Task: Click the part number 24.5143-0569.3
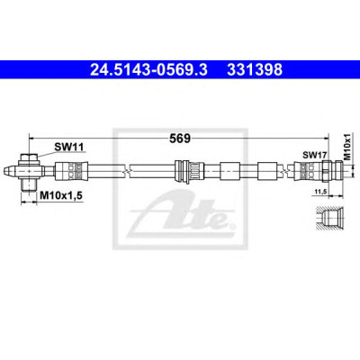click(x=148, y=70)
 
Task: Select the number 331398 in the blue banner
click(x=255, y=70)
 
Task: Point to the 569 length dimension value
click(x=180, y=139)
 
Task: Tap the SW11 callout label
click(x=68, y=147)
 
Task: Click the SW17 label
click(x=314, y=155)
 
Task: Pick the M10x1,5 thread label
click(x=61, y=196)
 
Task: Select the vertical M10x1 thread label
click(x=347, y=147)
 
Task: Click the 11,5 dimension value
click(x=321, y=192)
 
